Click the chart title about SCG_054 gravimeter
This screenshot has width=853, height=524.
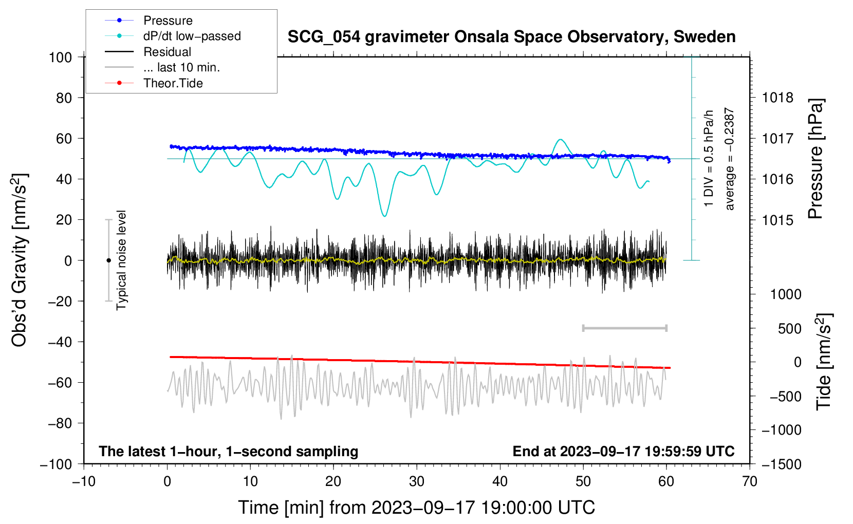point(511,37)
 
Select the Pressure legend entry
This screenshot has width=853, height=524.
point(168,21)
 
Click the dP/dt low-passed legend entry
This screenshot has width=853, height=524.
point(192,36)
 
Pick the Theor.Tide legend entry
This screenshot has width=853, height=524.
point(173,83)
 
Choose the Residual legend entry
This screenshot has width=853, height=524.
point(167,52)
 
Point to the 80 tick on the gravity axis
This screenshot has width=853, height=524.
point(64,98)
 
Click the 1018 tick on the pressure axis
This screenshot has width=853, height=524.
point(777,98)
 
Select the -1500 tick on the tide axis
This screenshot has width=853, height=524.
point(782,464)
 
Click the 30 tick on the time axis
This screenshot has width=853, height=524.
point(417,481)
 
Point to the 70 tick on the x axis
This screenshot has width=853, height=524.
point(750,481)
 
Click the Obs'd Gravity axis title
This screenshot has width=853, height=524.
point(20,260)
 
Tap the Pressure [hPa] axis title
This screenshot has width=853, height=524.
point(815,159)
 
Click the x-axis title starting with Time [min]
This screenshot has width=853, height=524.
point(416,508)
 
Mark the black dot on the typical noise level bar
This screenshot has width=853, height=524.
point(108,260)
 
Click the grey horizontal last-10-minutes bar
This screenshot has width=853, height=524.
point(624,328)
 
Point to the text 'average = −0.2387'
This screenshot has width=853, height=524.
point(730,159)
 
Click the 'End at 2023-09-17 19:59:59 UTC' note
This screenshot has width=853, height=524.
point(623,451)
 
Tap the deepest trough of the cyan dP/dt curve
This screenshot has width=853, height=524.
point(384,216)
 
